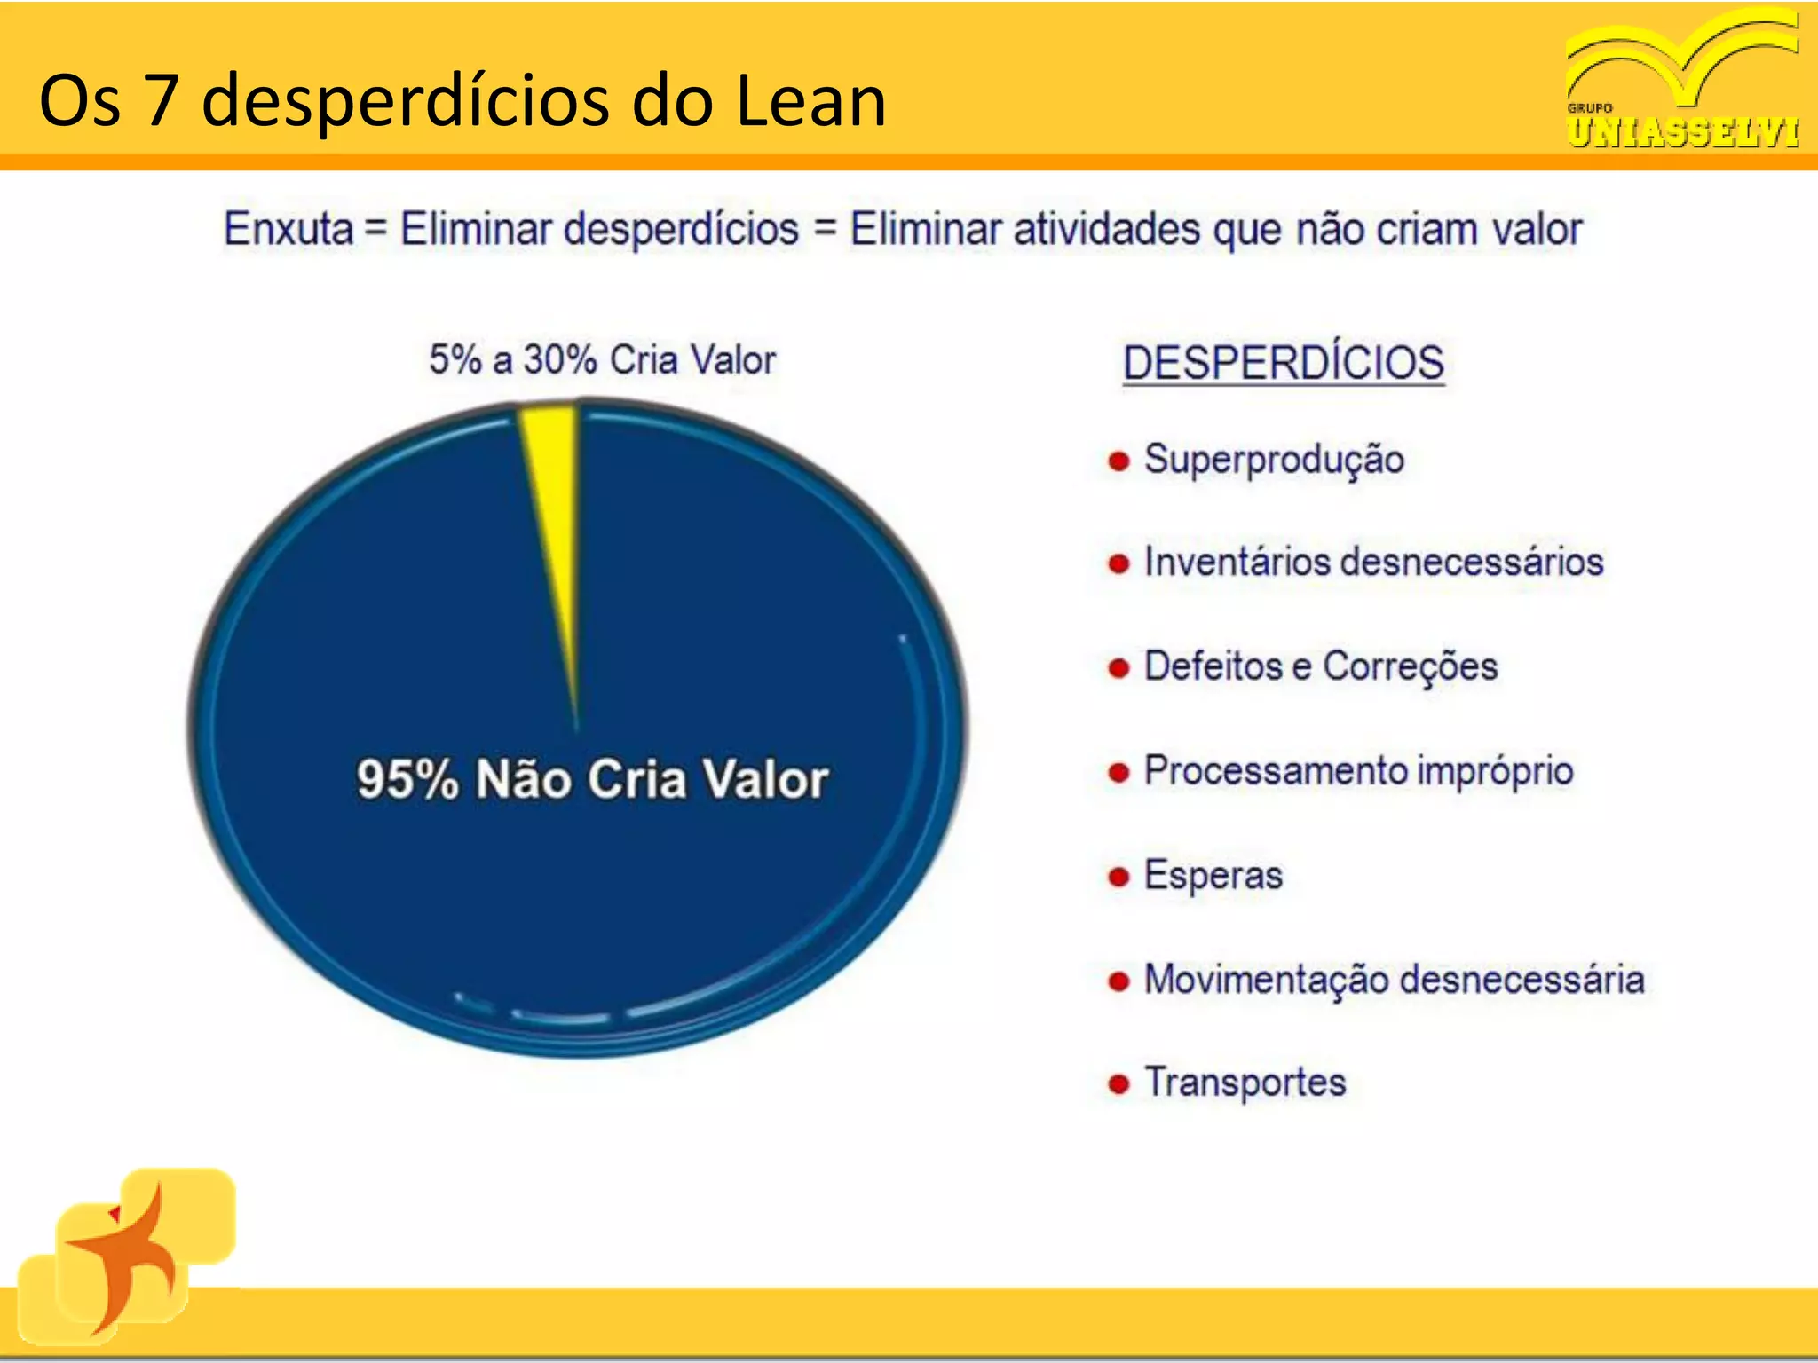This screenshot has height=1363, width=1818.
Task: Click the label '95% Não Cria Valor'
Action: tap(592, 779)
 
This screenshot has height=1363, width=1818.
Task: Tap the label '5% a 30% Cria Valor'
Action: tap(602, 360)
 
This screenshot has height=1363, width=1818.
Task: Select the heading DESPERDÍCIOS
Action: tap(1283, 363)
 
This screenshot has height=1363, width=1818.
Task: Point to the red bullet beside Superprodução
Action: tap(1118, 461)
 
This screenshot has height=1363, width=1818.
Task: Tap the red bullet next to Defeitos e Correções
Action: tap(1118, 668)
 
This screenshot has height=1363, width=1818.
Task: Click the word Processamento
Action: tap(1275, 771)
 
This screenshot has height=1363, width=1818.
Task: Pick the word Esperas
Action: tap(1213, 876)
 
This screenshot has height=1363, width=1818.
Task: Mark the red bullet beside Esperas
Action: tap(1118, 878)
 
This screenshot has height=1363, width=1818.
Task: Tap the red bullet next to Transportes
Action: tap(1118, 1084)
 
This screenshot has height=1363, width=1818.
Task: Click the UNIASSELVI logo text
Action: tap(1682, 132)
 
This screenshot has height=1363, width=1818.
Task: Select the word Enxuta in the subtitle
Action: tap(289, 229)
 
